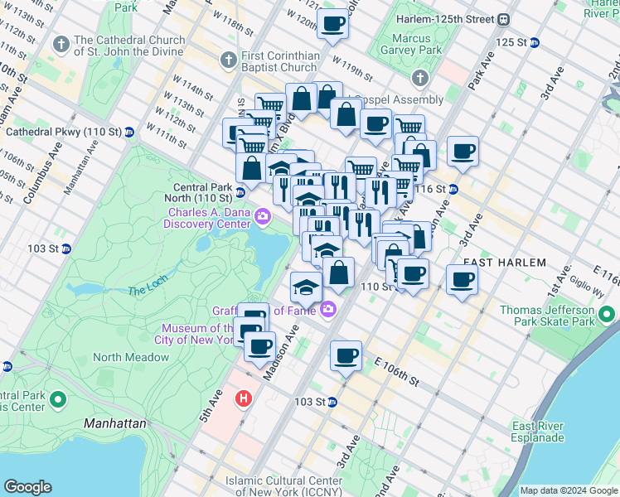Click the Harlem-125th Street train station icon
click(x=504, y=19)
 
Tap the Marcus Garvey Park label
click(x=411, y=44)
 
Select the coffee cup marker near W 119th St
click(x=332, y=24)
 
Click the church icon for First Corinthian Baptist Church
click(x=228, y=60)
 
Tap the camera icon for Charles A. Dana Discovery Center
click(x=263, y=217)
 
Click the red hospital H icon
click(x=243, y=398)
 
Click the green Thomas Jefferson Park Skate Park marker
click(x=607, y=315)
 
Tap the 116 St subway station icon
click(x=453, y=190)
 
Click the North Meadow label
click(x=131, y=358)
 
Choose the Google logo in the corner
click(x=28, y=487)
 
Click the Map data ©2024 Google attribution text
click(x=568, y=490)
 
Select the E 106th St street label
click(x=397, y=370)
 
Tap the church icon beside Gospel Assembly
click(x=419, y=79)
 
